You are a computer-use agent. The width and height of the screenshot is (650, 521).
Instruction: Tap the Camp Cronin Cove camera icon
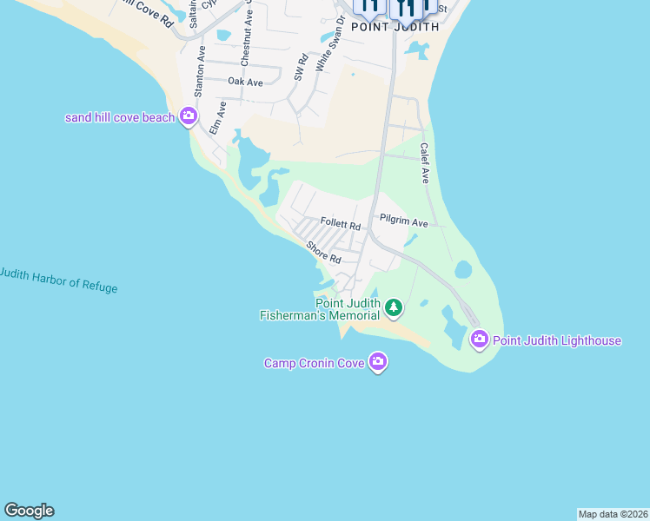coord(378,361)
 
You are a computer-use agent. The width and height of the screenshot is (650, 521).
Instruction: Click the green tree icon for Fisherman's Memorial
coord(394,307)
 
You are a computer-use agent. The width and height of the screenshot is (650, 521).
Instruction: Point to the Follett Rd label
coord(340,224)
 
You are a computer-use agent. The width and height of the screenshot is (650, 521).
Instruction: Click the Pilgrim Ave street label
coord(403,221)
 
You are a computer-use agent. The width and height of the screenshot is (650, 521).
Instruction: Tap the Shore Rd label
coord(322,253)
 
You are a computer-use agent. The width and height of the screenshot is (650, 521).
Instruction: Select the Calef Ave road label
coord(425,162)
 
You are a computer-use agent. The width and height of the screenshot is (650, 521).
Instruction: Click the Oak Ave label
coord(245,82)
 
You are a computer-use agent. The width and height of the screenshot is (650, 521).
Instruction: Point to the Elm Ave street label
coord(217,117)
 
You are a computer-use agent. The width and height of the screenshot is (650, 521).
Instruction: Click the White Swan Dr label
coord(325,49)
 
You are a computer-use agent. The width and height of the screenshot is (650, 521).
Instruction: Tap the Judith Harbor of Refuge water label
coord(57,280)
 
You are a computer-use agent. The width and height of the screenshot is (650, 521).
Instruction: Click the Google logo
coord(29,511)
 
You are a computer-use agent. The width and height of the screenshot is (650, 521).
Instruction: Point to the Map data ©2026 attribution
coord(613,514)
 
